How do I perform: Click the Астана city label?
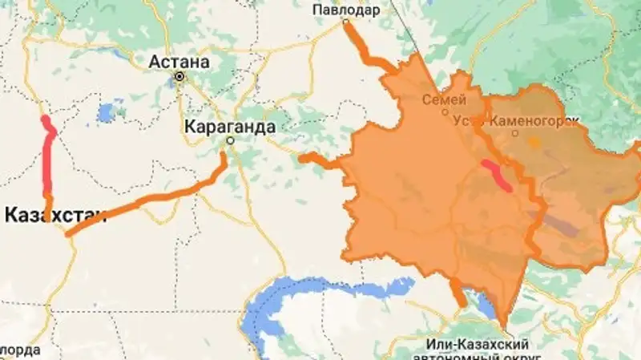pyautogui.click(x=179, y=62)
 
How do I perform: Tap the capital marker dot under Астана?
pyautogui.click(x=179, y=77)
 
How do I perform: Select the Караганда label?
pyautogui.click(x=229, y=126)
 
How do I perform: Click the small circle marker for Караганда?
pyautogui.click(x=229, y=140)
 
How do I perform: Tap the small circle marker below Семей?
pyautogui.click(x=445, y=112)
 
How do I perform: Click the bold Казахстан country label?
pyautogui.click(x=54, y=214)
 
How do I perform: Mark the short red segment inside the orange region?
pyautogui.click(x=496, y=176)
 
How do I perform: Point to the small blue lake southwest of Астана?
pyautogui.click(x=106, y=113)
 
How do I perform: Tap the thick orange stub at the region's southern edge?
pyautogui.click(x=457, y=290)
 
